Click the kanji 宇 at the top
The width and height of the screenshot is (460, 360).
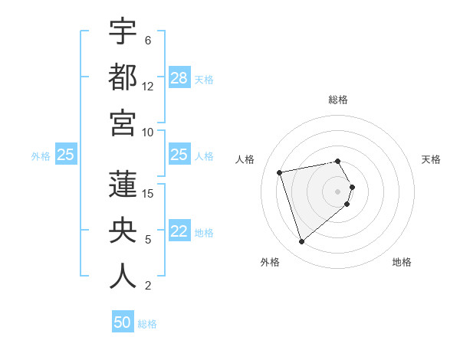(123, 32)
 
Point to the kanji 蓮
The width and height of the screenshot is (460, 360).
(123, 185)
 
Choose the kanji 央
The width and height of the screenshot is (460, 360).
(123, 231)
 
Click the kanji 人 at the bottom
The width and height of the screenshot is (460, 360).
(123, 277)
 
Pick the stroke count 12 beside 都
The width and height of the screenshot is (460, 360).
(148, 87)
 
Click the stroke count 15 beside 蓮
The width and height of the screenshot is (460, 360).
(148, 194)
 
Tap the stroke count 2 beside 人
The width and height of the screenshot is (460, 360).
(148, 286)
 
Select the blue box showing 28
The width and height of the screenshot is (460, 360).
(179, 78)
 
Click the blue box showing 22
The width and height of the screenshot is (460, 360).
(179, 231)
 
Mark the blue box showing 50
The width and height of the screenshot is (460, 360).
(123, 322)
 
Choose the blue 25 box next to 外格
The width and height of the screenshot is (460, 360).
(65, 155)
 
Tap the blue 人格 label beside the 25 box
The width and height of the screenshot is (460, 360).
(204, 155)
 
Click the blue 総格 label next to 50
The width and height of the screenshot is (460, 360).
(147, 324)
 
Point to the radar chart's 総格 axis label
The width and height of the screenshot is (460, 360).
(338, 100)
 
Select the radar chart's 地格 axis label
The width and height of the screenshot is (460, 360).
(402, 262)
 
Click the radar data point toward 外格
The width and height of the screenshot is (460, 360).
(302, 242)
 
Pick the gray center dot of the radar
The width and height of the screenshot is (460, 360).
(338, 191)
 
